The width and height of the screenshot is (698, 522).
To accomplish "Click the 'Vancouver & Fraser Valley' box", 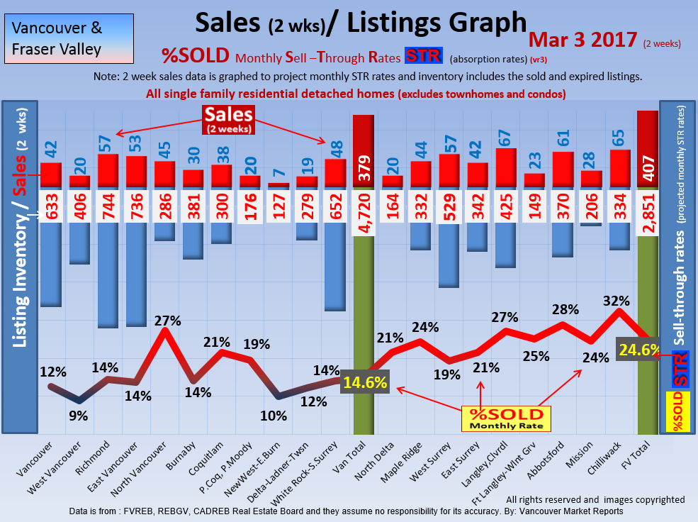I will click(57, 39).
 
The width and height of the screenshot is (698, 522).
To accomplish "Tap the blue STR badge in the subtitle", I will click(422, 55).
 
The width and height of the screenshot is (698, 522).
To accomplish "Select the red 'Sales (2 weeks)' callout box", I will click(228, 119).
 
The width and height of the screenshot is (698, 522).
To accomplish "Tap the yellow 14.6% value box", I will click(365, 383).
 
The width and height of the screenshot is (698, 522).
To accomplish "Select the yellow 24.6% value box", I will click(640, 349).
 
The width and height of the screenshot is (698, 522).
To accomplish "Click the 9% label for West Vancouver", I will click(78, 416).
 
